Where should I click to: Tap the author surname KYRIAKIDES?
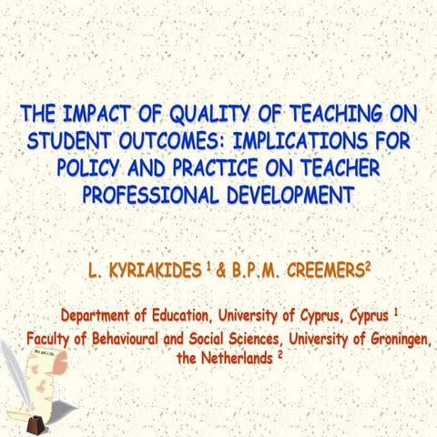coord(151,269)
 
